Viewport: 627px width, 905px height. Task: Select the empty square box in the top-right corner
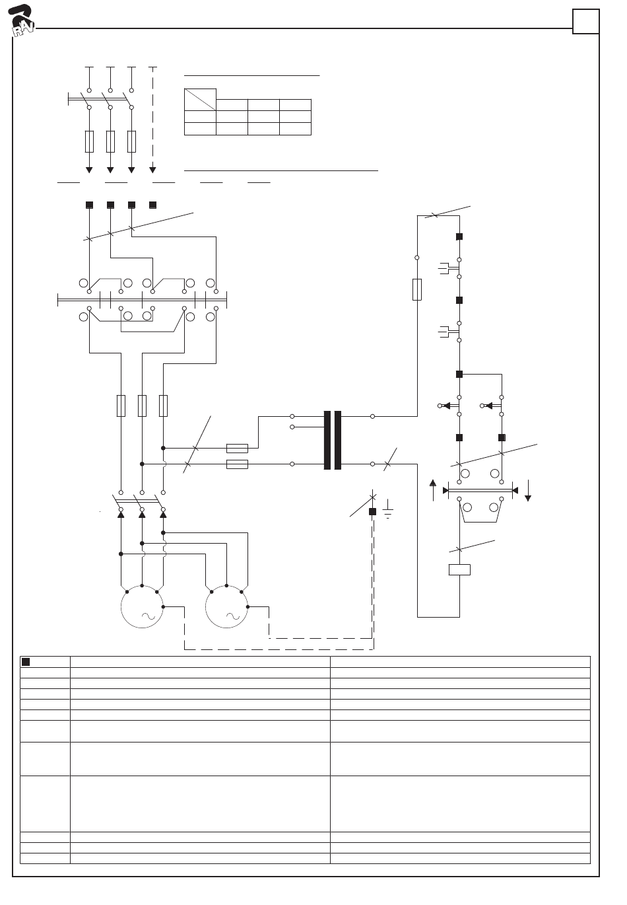pos(585,21)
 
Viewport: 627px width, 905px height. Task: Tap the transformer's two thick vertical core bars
pos(333,440)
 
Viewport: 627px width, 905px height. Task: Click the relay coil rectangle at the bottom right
pos(459,569)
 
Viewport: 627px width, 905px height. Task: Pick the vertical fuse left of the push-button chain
pos(417,289)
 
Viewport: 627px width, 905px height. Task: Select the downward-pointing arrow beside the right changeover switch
pos(528,492)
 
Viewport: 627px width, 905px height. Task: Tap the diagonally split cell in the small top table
pos(200,99)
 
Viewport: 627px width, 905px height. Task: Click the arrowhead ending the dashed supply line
pos(152,170)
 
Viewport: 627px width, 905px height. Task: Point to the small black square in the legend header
pos(26,661)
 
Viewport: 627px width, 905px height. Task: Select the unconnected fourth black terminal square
pos(153,205)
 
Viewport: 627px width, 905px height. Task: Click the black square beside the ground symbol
pos(372,511)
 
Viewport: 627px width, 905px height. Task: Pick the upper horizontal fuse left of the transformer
pos(237,447)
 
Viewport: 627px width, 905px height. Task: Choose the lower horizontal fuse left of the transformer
pos(237,464)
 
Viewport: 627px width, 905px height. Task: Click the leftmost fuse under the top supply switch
pos(89,141)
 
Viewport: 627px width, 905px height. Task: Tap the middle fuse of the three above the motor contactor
pos(142,406)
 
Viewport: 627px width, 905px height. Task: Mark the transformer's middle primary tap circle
pos(292,427)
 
